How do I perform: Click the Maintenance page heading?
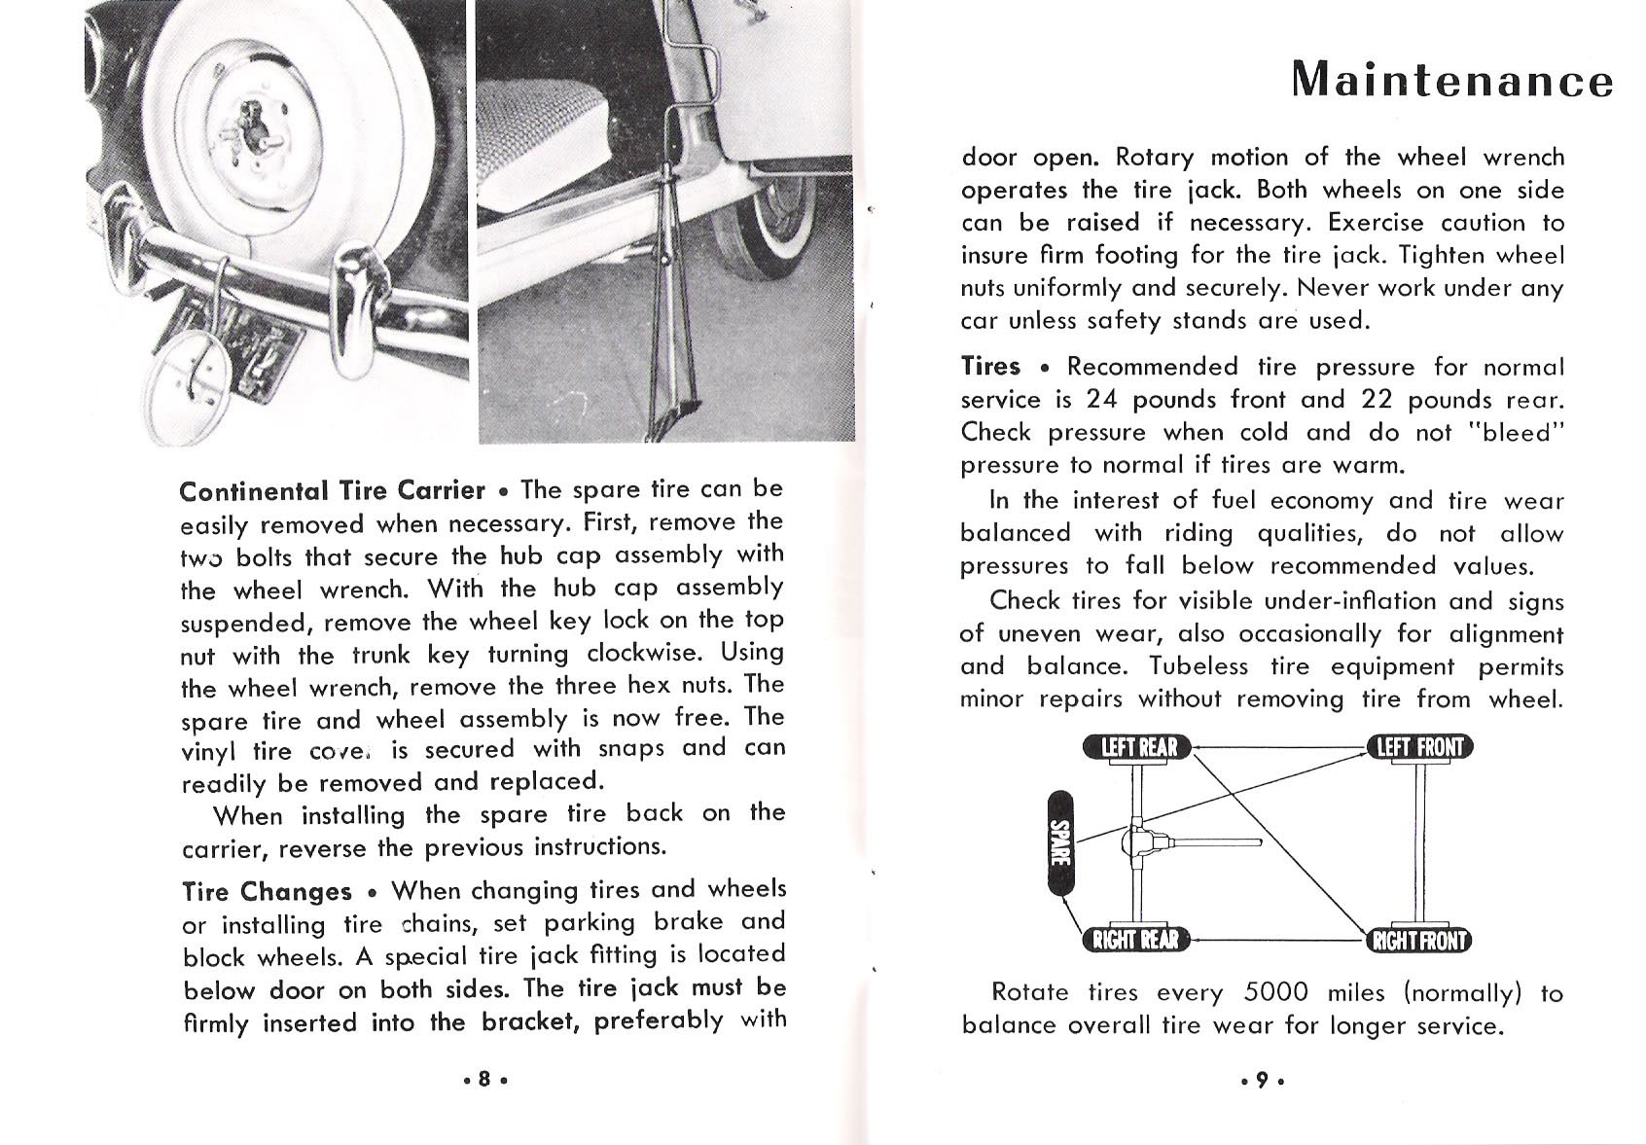(x=1451, y=79)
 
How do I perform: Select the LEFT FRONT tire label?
(x=1420, y=747)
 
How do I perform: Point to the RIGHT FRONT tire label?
(x=1420, y=940)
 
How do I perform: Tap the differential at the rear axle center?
(x=1139, y=841)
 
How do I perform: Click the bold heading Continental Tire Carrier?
(x=333, y=490)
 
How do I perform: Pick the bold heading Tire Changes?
(x=268, y=891)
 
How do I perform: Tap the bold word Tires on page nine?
(x=990, y=367)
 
